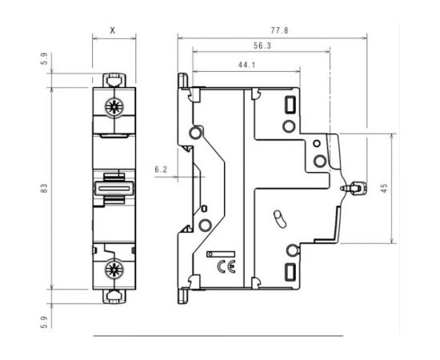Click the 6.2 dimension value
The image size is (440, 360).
click(x=160, y=170)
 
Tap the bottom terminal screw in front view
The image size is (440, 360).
click(x=113, y=268)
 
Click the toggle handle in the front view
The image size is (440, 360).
click(x=113, y=188)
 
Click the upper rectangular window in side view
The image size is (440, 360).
click(x=290, y=104)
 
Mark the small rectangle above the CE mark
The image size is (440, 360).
click(x=217, y=254)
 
